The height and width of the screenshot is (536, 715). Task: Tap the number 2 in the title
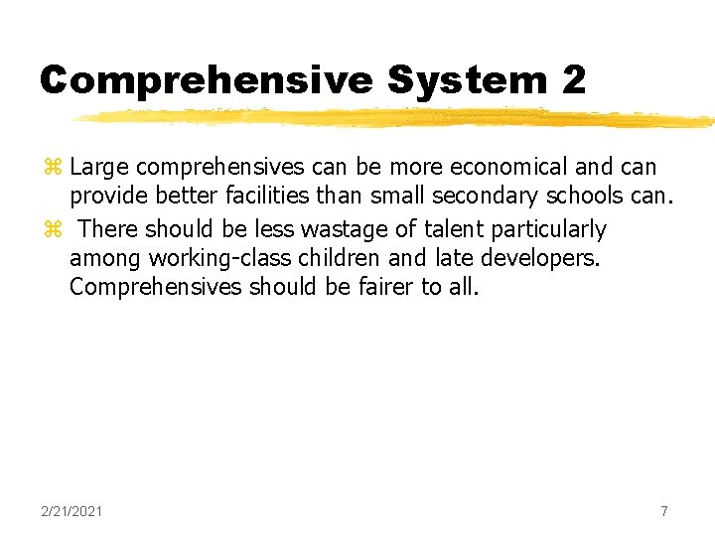(573, 80)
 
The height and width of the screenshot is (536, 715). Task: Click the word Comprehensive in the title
(207, 80)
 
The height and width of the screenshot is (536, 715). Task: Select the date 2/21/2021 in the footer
(71, 511)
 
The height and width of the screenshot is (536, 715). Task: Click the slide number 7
(664, 511)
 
